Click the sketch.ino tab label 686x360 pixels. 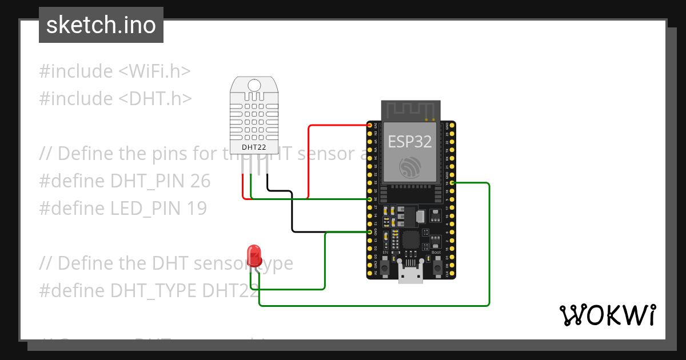coord(101,25)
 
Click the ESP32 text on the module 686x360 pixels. coord(410,141)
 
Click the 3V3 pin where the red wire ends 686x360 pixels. coord(370,125)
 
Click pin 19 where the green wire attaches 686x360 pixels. coord(452,183)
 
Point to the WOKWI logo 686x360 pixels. coord(607,315)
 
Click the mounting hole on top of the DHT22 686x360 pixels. coord(254,85)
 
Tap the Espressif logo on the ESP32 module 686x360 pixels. coord(410,166)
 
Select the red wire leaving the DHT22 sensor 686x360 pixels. coord(243,186)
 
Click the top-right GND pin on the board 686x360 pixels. coord(452,125)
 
